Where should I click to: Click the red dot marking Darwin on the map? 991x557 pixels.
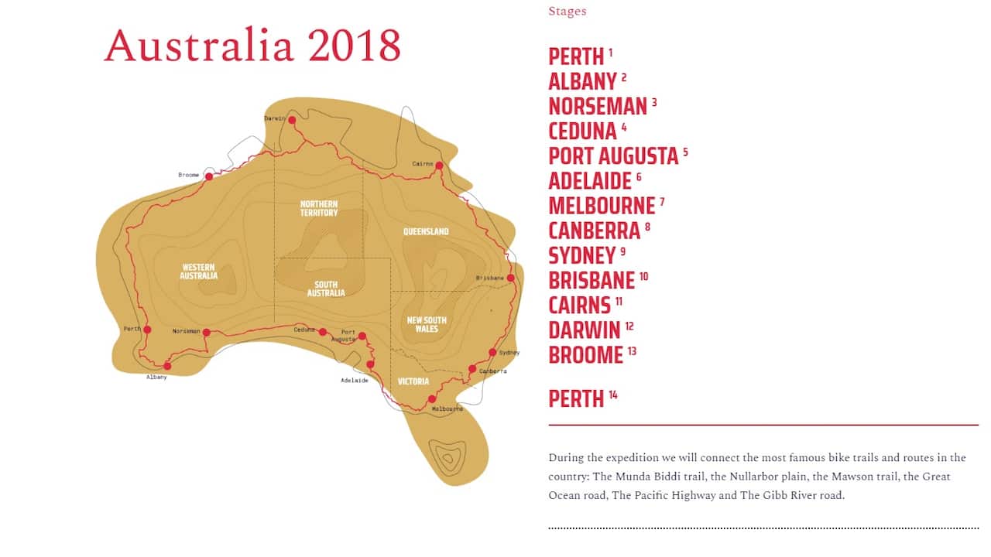pos(292,120)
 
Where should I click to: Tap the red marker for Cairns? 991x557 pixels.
pos(439,166)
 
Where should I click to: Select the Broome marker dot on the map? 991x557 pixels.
pos(208,176)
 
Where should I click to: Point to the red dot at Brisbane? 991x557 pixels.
pos(510,278)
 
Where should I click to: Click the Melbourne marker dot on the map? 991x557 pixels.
pos(431,399)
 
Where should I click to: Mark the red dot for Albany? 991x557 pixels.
pos(167,366)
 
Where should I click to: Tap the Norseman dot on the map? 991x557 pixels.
pos(206,332)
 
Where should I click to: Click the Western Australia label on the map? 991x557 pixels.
pos(199,272)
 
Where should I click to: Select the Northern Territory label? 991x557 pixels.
pos(319,208)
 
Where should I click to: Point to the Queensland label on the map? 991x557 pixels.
pos(426,231)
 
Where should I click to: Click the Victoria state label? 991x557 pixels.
pos(413,381)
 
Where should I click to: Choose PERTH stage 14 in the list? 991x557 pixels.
pos(576,399)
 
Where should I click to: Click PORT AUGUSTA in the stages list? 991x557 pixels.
pos(612,156)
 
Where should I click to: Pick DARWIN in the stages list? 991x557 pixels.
pos(585,330)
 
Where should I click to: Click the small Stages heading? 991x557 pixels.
pos(567,12)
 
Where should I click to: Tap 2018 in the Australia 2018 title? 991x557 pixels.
pos(354,46)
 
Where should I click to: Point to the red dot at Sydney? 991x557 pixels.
pos(492,353)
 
